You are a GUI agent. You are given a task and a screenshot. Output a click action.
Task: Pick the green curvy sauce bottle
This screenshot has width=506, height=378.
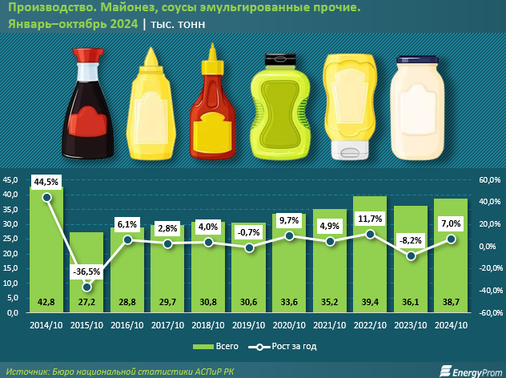[x=277, y=107]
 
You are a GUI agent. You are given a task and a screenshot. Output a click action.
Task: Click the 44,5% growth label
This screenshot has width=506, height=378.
[x=46, y=181]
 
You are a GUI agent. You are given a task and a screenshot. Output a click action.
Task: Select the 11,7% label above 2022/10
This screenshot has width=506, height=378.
[x=371, y=218]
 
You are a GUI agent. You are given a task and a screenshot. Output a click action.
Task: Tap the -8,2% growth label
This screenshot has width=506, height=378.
[x=412, y=239]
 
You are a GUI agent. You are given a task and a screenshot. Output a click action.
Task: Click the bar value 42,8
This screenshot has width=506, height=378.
[x=46, y=302]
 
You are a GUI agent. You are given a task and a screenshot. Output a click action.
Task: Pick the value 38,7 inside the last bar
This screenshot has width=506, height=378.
[x=452, y=302]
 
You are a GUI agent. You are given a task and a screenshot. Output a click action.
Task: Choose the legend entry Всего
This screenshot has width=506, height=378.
[x=209, y=347]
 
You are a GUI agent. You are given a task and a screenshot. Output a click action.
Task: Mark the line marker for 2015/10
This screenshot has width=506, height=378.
[x=86, y=287]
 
